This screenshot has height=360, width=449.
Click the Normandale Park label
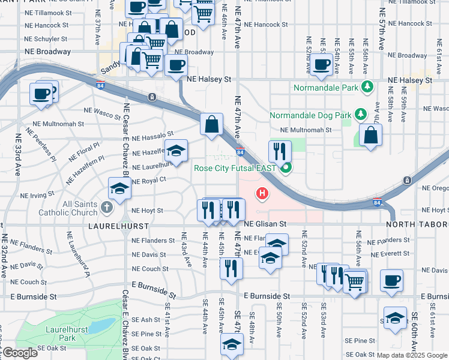pos(325,88)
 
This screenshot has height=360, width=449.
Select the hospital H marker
pos(262,193)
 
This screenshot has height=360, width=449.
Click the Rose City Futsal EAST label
pos(235,168)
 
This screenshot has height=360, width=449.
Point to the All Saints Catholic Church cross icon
pos(107,208)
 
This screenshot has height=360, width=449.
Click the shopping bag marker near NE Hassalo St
pos(211,125)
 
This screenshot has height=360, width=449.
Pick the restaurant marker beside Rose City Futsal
pos(280,151)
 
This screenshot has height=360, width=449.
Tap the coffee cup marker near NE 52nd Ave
pos(321,64)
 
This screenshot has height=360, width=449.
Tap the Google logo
pos(20,353)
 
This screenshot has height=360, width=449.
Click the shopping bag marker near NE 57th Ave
pos(371,135)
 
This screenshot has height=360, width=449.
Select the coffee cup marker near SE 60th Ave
pos(391,280)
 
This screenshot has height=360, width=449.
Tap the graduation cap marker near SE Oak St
pos(232,345)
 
